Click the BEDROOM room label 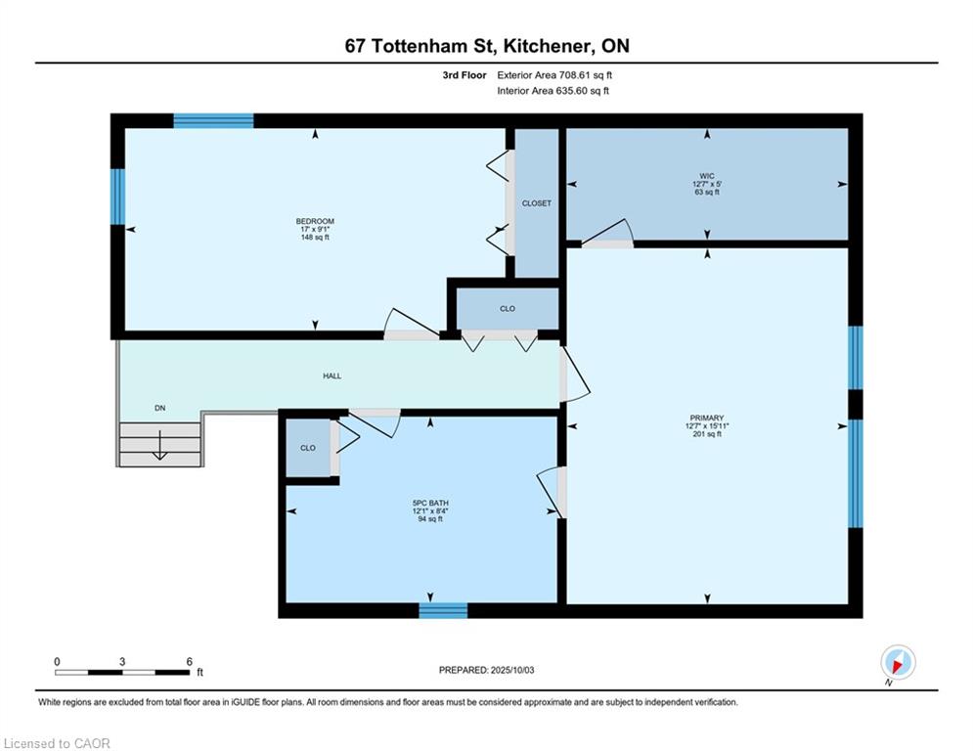(x=315, y=222)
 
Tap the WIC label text (x=707, y=176)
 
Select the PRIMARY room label (x=707, y=419)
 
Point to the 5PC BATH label (x=430, y=504)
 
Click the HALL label (x=332, y=376)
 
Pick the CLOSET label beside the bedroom (x=537, y=203)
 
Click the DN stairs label (x=160, y=409)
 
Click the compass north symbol (x=898, y=662)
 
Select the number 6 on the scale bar (x=190, y=662)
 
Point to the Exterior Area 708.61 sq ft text (x=554, y=75)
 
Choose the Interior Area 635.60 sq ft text (x=553, y=91)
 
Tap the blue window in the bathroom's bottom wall (x=443, y=611)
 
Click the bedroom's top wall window (x=213, y=121)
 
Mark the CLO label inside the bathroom (x=308, y=448)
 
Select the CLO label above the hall (x=508, y=309)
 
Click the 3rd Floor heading (x=464, y=75)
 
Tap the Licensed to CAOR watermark (x=57, y=743)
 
